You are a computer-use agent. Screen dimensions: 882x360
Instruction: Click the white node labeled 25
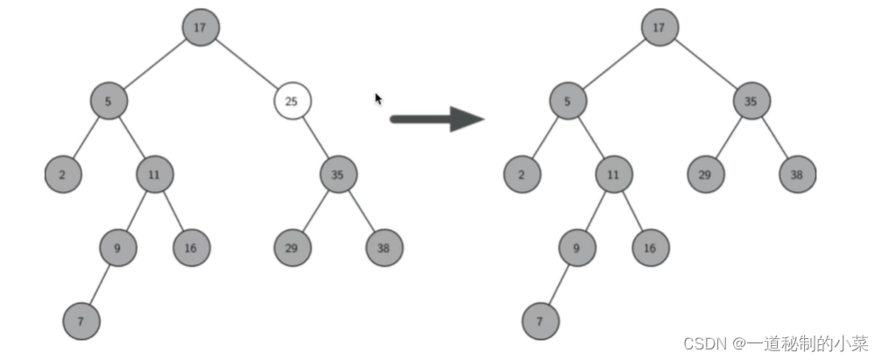coord(293,102)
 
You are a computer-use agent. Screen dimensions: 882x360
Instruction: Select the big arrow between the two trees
coord(436,118)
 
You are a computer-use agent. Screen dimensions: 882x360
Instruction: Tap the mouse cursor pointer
coord(378,99)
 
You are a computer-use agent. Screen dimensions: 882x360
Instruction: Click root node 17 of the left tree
coord(201,27)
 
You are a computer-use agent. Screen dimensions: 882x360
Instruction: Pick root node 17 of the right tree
coord(659,27)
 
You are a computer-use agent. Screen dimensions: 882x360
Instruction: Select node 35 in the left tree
coord(338,174)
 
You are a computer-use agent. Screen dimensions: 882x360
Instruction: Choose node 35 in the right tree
coord(751,102)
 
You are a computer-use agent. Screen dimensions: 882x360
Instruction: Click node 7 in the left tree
coord(81,321)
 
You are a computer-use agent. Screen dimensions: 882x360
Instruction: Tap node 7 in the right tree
coord(540,321)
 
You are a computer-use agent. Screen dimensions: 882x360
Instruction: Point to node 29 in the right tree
coord(705,174)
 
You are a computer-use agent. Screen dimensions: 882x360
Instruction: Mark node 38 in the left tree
coord(384,249)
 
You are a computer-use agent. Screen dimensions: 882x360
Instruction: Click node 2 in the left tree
coord(62,174)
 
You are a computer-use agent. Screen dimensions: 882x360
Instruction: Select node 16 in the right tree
coord(649,249)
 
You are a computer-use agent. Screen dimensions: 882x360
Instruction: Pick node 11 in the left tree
coord(154,174)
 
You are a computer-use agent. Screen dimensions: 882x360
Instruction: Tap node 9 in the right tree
coord(576,249)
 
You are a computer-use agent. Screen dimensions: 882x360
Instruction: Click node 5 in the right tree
coord(568,102)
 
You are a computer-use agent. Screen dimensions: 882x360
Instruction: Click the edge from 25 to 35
coord(315,138)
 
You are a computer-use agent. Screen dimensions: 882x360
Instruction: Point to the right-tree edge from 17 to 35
coord(705,65)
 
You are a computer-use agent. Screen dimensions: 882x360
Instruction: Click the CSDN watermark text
coord(776,342)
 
